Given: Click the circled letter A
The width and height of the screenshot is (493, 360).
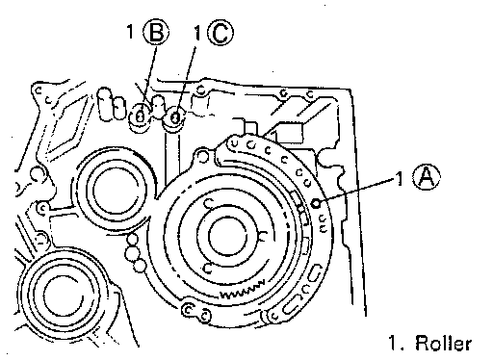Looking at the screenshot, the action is click(x=427, y=178).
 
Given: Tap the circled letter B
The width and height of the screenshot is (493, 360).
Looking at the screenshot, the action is click(x=156, y=32).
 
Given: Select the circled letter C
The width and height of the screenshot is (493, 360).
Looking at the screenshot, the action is click(x=221, y=32).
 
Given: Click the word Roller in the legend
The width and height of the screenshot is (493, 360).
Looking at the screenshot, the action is click(x=444, y=343).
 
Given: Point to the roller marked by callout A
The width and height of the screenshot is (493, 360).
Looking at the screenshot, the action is click(x=317, y=202).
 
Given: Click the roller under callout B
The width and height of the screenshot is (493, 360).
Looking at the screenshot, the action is click(x=141, y=115).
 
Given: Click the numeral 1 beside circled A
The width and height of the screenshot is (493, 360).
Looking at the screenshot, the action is click(x=400, y=178).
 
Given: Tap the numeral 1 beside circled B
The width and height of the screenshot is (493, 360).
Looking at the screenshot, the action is click(x=130, y=32).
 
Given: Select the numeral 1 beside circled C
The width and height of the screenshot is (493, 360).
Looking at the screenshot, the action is click(x=197, y=33).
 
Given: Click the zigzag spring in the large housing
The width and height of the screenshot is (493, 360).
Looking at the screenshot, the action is click(x=243, y=290).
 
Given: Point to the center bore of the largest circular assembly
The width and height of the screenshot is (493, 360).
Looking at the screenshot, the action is click(x=228, y=236).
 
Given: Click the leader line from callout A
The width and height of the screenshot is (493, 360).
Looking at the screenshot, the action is click(x=357, y=191).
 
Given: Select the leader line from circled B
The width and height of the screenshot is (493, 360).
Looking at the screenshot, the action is click(x=150, y=76).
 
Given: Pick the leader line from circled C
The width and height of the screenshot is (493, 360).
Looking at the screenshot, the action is click(x=186, y=80).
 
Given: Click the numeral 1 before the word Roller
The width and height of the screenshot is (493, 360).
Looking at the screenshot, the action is click(x=394, y=343).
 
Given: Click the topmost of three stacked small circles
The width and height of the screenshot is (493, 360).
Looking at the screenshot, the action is click(x=133, y=240).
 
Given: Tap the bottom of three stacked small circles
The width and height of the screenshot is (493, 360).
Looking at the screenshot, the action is click(x=140, y=266).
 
